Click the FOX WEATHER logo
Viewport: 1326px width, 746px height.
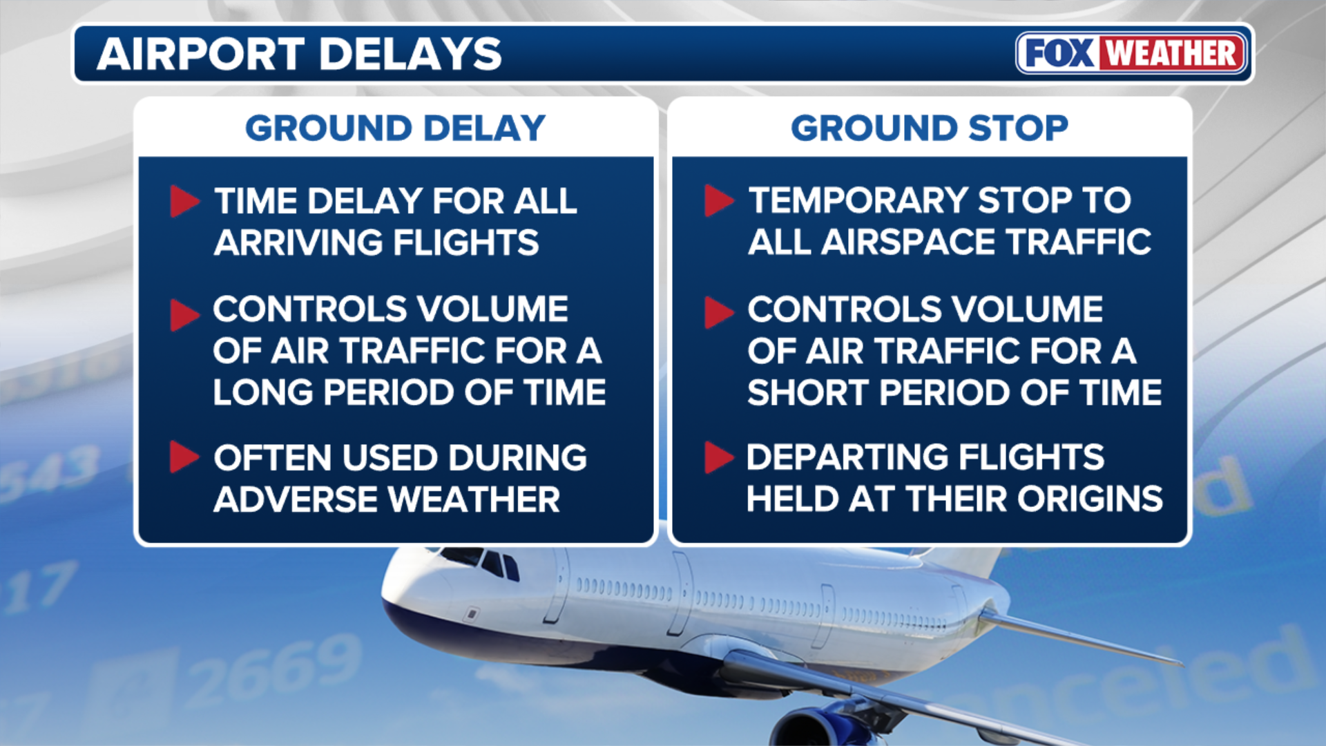1132,53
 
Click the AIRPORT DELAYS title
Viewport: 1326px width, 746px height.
300,54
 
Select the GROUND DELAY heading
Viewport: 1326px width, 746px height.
396,128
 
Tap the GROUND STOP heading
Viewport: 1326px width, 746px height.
930,128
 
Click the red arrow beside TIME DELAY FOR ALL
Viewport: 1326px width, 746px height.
184,201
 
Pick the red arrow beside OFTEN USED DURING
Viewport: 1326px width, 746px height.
184,457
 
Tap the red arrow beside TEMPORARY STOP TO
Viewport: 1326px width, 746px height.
719,201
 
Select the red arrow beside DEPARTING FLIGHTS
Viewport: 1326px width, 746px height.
719,457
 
